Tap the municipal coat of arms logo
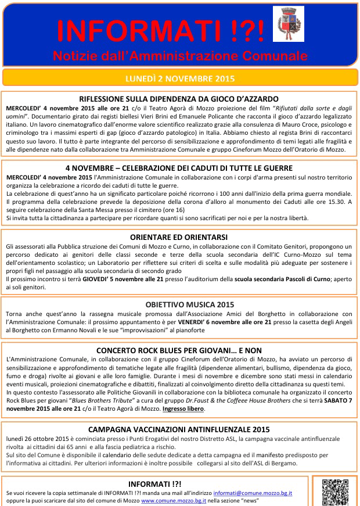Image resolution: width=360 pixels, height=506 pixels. click(x=288, y=24)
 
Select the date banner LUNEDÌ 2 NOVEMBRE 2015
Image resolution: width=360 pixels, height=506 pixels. click(x=179, y=78)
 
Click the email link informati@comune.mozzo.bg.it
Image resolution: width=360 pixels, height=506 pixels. click(x=253, y=493)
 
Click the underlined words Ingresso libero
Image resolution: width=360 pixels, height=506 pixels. click(x=183, y=409)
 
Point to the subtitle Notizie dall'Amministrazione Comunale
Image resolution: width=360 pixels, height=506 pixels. click(x=179, y=56)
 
